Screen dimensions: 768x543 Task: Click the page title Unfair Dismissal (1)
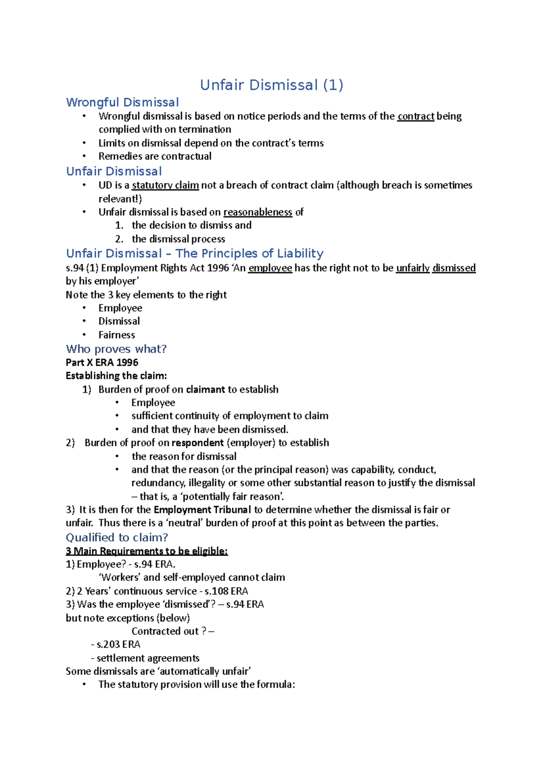[x=271, y=85]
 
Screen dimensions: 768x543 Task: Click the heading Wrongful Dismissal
[x=122, y=102]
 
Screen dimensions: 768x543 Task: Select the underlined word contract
[x=415, y=116]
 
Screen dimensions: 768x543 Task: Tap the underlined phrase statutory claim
[x=165, y=185]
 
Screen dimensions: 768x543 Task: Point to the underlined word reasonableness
[x=257, y=212]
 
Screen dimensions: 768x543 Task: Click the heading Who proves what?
[x=116, y=349]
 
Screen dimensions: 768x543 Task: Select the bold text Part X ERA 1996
[x=102, y=362]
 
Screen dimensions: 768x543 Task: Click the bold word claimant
[x=205, y=389]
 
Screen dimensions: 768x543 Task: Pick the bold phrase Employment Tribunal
[x=202, y=510]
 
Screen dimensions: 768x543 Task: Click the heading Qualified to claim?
[x=117, y=537]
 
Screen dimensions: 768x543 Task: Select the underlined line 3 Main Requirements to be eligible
[x=147, y=551]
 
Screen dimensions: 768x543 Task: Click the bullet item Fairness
[x=117, y=335]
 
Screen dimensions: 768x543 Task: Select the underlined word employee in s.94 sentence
[x=270, y=268]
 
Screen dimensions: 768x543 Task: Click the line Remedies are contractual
[x=155, y=156]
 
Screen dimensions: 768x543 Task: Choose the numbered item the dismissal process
[x=178, y=239]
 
